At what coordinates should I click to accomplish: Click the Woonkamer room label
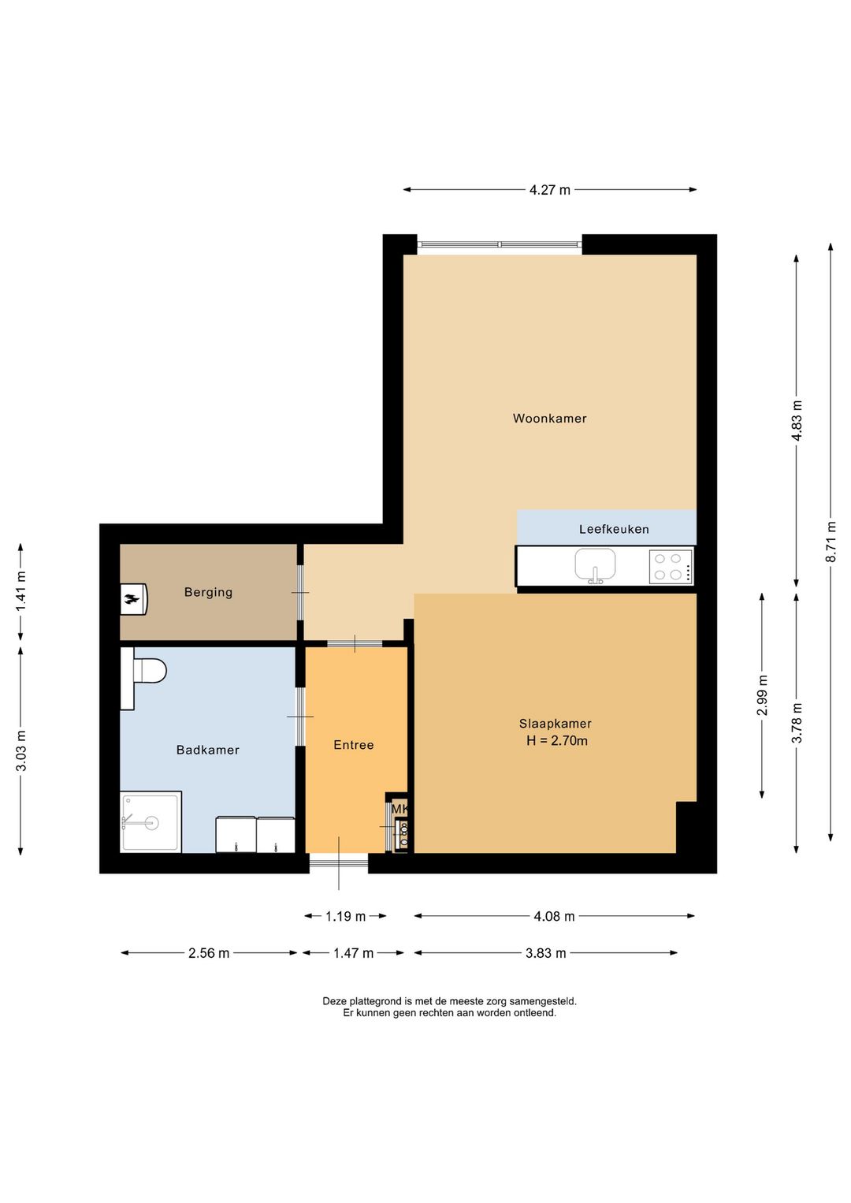click(x=549, y=419)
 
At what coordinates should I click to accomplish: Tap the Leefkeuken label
click(x=614, y=529)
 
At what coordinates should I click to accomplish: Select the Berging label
click(x=208, y=592)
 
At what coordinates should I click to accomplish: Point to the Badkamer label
click(x=208, y=750)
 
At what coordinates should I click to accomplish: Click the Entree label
click(x=353, y=744)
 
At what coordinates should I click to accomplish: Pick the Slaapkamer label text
click(x=556, y=724)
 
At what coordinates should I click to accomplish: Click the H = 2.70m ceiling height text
click(x=557, y=740)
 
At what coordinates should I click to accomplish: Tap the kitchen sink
click(x=595, y=565)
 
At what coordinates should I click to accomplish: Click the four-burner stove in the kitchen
click(x=670, y=567)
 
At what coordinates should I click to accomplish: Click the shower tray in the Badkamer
click(x=151, y=821)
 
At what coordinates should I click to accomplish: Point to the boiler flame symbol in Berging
click(x=132, y=599)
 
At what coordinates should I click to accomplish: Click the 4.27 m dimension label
click(x=550, y=189)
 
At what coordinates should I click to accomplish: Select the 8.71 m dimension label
click(x=831, y=542)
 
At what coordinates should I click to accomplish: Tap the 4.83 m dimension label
click(x=797, y=420)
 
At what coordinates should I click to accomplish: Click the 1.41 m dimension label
click(x=20, y=590)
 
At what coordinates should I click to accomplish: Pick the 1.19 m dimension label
click(x=345, y=916)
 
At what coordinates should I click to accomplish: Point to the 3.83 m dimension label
click(x=545, y=953)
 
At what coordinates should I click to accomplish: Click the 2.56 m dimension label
click(x=209, y=953)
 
